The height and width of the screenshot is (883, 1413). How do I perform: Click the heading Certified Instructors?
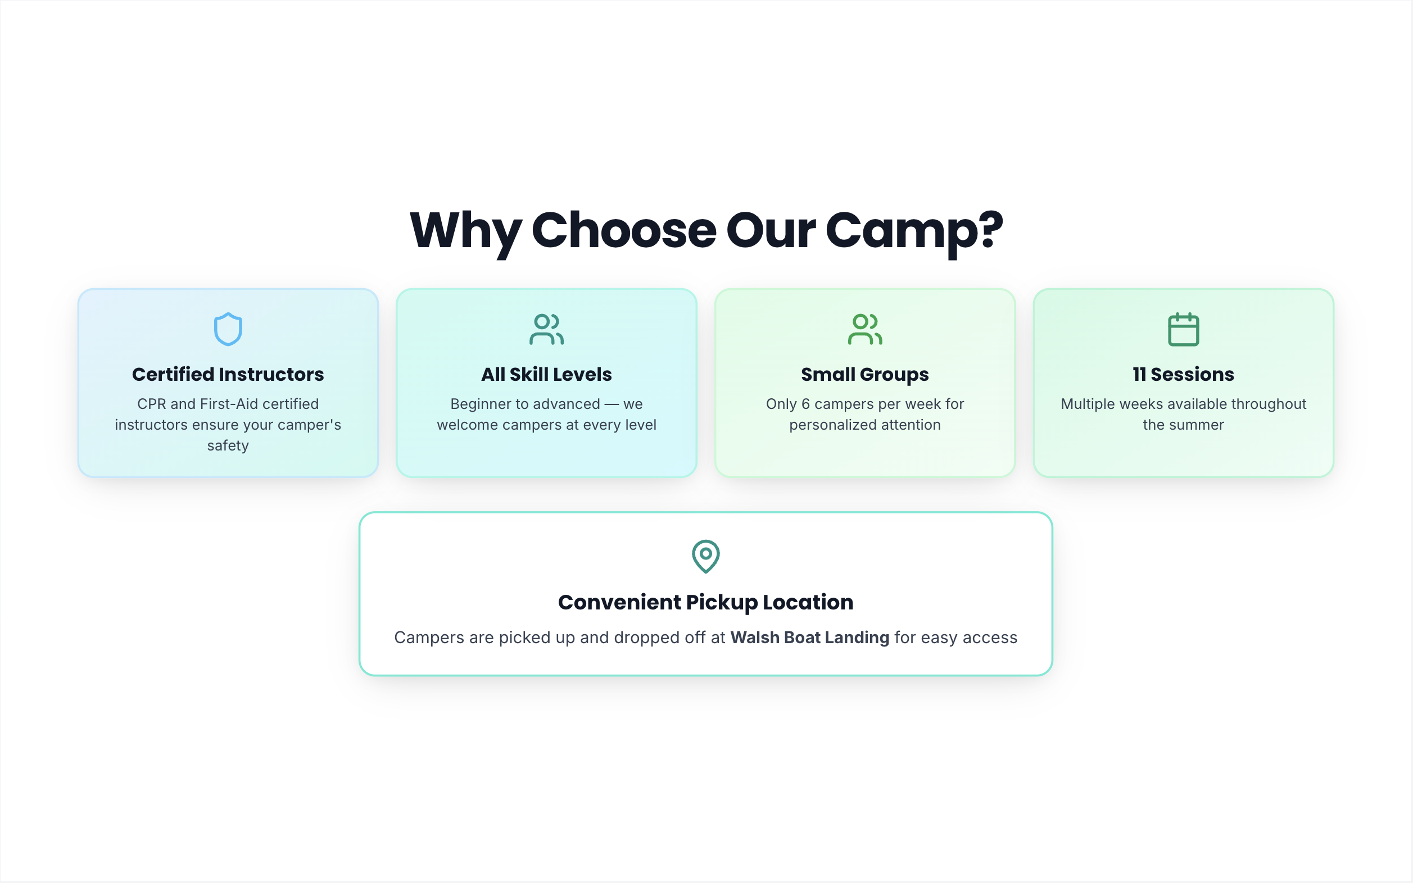228,374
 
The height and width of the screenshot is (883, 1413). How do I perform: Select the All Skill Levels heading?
546,374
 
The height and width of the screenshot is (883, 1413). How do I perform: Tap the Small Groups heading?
865,375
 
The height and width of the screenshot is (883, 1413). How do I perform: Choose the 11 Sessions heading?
1183,374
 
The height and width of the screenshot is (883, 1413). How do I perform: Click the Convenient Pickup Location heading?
706,603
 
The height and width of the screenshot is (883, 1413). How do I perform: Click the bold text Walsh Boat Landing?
810,638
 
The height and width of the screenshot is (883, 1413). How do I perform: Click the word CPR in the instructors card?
152,404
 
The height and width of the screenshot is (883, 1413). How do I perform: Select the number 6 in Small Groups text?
806,404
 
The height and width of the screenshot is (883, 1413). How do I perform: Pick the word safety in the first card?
228,446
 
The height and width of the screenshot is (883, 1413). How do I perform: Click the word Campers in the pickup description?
429,638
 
